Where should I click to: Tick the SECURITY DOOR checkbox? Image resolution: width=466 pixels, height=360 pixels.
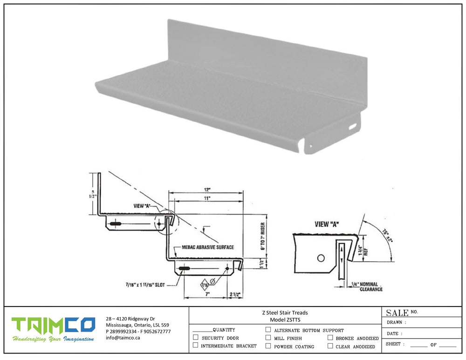195,337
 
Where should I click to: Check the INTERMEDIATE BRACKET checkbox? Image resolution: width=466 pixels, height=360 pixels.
195,346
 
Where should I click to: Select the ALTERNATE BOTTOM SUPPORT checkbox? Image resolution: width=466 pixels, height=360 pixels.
268,330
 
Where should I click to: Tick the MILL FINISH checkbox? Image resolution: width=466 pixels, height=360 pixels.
268,338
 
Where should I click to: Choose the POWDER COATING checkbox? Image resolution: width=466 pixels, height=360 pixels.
268,346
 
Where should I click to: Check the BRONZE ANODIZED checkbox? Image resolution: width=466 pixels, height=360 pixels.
330,338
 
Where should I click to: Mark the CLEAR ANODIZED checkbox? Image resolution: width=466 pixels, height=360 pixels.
330,346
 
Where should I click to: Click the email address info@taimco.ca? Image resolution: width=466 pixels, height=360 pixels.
123,338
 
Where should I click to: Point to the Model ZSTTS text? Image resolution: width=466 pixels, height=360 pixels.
285,320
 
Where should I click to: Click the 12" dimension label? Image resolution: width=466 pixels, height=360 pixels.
207,190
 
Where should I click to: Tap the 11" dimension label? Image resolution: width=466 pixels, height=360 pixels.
207,198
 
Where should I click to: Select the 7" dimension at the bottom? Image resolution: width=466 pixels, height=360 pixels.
207,294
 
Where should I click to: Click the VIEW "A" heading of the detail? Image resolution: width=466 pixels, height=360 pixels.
327,224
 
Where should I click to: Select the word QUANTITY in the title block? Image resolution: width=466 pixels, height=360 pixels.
224,330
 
